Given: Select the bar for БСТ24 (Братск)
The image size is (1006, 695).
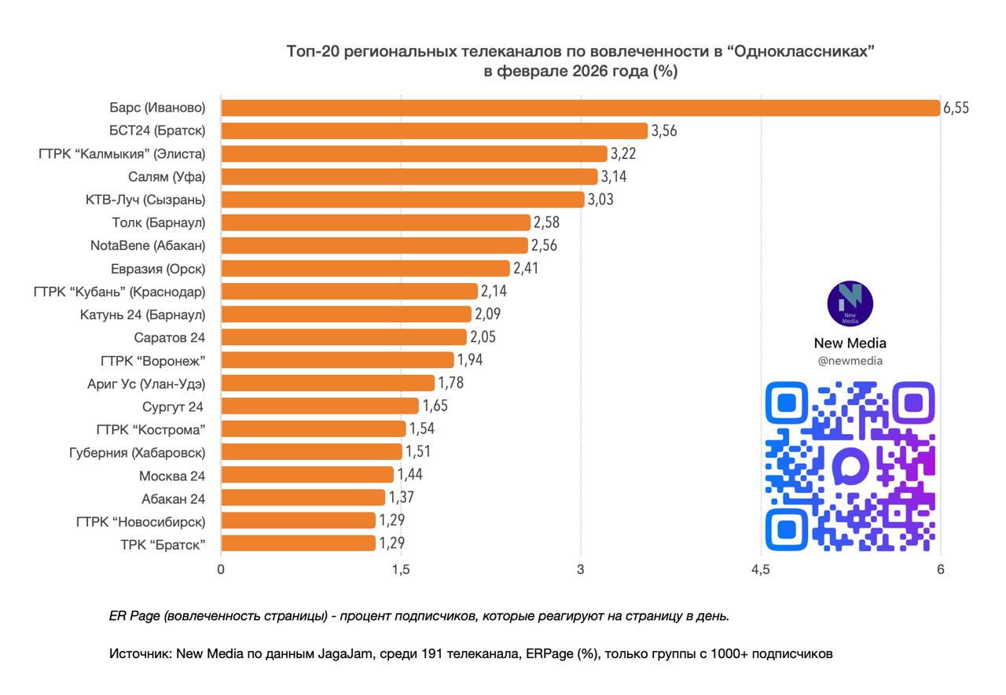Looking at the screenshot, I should pos(434,131).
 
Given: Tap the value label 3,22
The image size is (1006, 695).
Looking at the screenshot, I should pos(623,154).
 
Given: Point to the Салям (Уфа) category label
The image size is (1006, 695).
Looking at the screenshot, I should pos(167,177).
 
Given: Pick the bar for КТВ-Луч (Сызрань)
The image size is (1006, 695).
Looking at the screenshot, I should pos(402,200).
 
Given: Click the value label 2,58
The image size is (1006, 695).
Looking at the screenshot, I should pos(546,222).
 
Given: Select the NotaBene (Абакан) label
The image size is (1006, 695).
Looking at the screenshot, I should pos(148,245).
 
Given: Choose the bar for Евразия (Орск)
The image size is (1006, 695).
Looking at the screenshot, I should pos(365,268).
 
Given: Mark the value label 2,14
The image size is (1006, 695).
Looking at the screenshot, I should pos(494,292).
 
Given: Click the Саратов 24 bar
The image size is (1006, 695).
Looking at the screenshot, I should pos(343,337).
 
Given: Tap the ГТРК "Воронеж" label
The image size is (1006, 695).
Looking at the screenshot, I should pos(153,360).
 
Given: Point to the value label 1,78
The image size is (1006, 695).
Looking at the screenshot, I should pos(450,384).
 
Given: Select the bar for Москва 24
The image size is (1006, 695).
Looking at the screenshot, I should pos(307,475).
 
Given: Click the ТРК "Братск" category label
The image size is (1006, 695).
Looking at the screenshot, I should pos(163,543).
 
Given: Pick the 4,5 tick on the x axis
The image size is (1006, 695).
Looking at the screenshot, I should pos(760,570).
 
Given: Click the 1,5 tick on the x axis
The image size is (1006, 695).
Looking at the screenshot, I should pos(401,570).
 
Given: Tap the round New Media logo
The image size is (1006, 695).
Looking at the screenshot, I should pos(850,303).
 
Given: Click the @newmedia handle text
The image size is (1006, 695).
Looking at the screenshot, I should pos(850,361).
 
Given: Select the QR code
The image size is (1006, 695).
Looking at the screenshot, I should pos(850,465).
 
